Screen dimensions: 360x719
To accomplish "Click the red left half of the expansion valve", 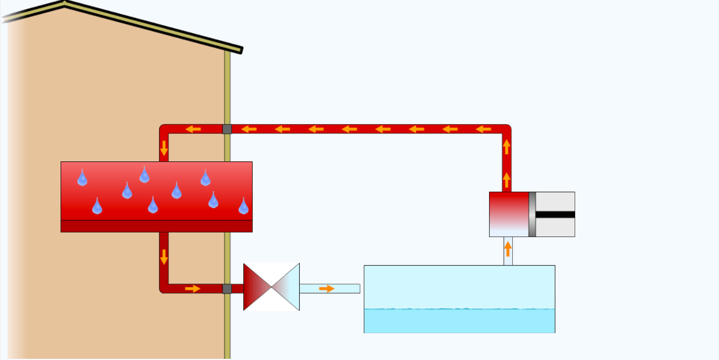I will click(x=255, y=286).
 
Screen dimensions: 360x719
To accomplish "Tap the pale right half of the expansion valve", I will click(x=288, y=287).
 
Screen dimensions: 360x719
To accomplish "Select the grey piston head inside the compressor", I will click(x=532, y=214).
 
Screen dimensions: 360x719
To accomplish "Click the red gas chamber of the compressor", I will click(x=508, y=207).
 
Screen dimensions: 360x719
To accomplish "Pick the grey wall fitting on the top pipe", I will click(x=227, y=129).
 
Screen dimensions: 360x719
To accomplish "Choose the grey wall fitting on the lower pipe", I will click(x=227, y=288).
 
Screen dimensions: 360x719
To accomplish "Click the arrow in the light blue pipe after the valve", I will click(x=327, y=288).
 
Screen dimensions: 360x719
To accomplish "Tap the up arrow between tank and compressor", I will click(x=508, y=249).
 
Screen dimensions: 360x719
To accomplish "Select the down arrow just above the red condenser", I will click(x=164, y=148).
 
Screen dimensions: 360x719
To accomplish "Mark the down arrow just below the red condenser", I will click(x=164, y=256).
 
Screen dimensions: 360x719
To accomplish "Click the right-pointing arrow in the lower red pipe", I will click(x=193, y=288).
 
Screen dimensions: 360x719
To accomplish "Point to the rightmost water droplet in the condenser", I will click(x=243, y=206).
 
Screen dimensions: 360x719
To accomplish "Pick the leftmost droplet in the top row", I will click(x=82, y=178).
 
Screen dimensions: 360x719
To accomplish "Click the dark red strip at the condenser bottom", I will click(x=156, y=226).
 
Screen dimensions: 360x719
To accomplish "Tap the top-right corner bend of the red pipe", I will click(x=507, y=129).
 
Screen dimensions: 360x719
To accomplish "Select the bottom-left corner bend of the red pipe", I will click(x=164, y=288).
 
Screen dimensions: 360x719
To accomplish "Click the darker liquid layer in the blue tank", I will click(x=459, y=321).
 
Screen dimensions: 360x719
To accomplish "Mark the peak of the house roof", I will click(x=64, y=3).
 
